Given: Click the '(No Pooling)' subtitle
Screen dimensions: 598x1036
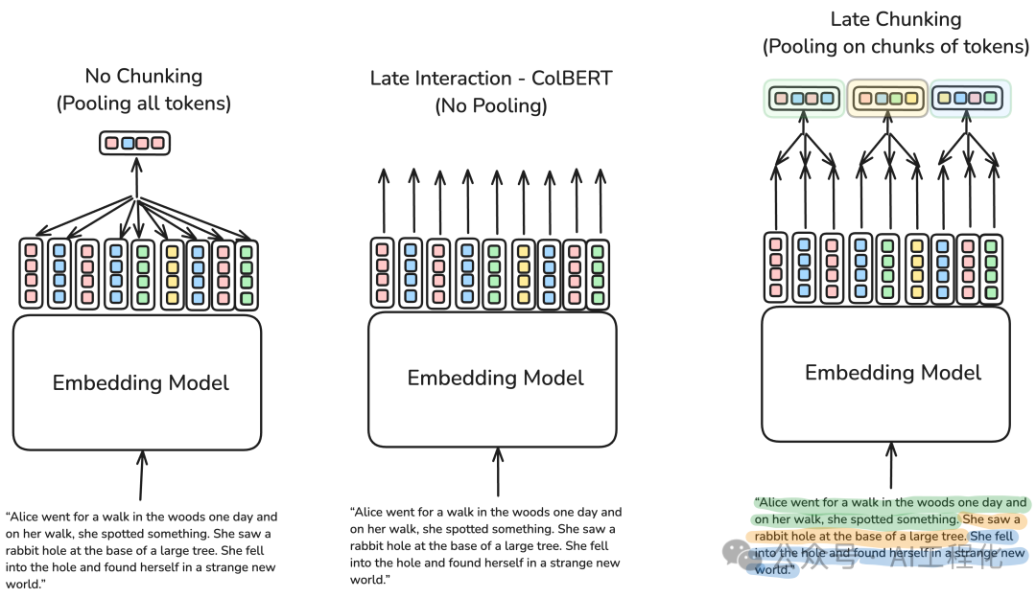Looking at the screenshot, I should click(x=491, y=105).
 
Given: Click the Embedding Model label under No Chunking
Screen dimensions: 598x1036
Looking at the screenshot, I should click(x=141, y=383).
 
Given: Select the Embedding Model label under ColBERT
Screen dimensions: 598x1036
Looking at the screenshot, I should click(x=495, y=378).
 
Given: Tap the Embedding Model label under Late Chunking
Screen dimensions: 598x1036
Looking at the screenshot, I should click(x=892, y=373).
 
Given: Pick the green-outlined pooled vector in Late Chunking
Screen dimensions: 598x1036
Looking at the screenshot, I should click(x=806, y=98).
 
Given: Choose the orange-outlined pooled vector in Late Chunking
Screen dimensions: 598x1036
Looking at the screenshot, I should click(x=888, y=98).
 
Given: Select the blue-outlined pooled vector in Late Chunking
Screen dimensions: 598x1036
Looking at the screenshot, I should click(x=971, y=98).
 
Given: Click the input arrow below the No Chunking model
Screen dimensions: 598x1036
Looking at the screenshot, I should click(x=142, y=474).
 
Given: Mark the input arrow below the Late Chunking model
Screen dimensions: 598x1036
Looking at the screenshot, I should click(x=892, y=465).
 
